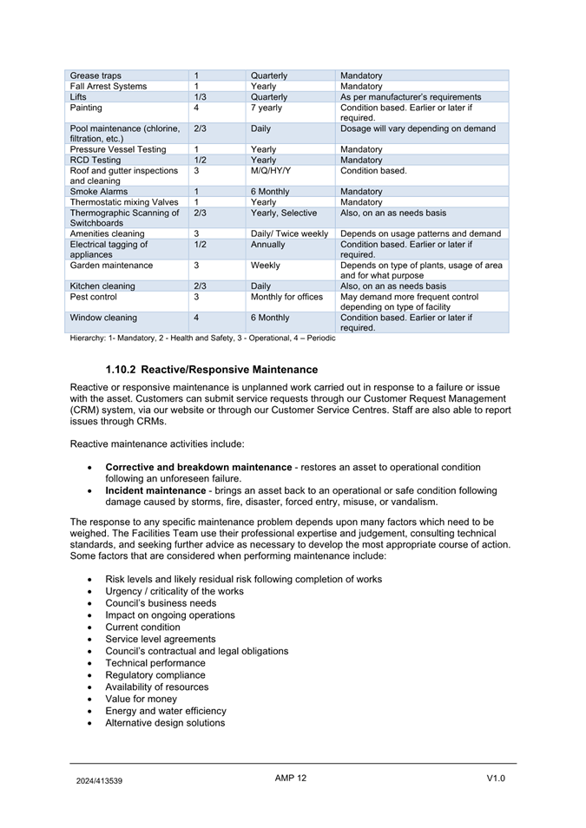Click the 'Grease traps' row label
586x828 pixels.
[x=95, y=76]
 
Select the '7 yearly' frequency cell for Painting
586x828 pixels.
[x=267, y=108]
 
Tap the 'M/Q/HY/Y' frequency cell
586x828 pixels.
[x=271, y=171]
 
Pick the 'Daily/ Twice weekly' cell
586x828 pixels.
[x=289, y=233]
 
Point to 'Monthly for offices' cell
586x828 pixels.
[x=286, y=297]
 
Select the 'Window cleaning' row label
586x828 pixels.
[x=103, y=318]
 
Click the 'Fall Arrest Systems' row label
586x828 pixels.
[x=109, y=86]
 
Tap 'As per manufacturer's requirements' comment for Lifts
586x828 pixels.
[x=411, y=97]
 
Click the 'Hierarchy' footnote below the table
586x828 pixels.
[x=202, y=338]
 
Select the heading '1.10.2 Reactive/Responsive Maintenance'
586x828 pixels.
[x=211, y=370]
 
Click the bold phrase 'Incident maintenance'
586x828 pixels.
[x=155, y=490]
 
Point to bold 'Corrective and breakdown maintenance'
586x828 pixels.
[x=198, y=467]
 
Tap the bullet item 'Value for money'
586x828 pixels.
[x=141, y=699]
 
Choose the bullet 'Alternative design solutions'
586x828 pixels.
[x=165, y=723]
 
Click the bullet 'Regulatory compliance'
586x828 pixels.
[x=155, y=675]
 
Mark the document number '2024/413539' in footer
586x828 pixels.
[x=99, y=780]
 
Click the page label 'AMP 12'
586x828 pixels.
[x=291, y=778]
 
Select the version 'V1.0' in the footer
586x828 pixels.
[x=496, y=779]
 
